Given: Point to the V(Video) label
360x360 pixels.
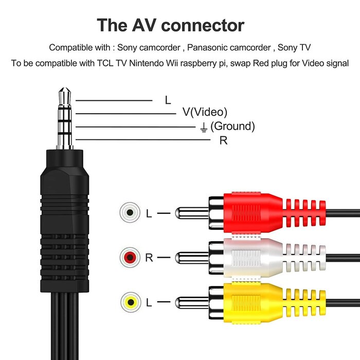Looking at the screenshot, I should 205,113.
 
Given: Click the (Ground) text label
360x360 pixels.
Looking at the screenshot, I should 232,126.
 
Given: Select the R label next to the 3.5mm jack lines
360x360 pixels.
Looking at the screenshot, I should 223,140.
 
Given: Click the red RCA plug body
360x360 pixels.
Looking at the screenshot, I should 252,212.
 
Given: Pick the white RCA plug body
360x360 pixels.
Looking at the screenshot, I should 252,256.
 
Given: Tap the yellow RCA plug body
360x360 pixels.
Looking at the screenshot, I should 252,301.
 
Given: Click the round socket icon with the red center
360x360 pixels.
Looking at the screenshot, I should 130,257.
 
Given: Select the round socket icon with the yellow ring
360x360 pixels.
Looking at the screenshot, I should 130,301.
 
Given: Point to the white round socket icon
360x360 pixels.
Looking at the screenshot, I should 130,212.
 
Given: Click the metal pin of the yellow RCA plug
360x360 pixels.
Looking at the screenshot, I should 191,302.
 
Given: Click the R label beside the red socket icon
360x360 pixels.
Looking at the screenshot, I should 149,258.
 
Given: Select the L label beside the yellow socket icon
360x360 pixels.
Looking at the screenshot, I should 149,302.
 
